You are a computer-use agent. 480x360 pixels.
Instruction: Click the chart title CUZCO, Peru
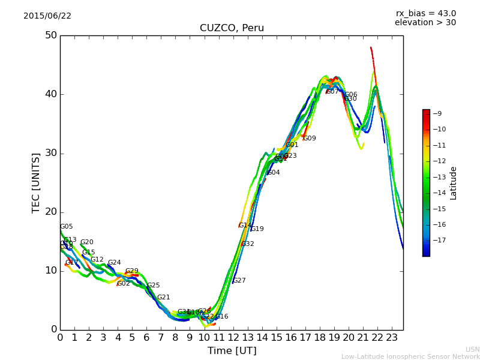pyautogui.click(x=232, y=28)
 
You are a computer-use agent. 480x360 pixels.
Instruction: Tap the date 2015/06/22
pyautogui.click(x=47, y=16)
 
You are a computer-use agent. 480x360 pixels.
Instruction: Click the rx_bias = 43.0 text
pyautogui.click(x=425, y=14)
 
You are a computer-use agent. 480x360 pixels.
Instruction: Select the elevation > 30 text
pyautogui.click(x=425, y=23)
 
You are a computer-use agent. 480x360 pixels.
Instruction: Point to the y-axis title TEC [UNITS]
pyautogui.click(x=36, y=182)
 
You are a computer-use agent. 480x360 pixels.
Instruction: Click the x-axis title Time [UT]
pyautogui.click(x=232, y=351)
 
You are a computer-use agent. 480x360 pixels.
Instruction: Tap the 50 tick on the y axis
pyautogui.click(x=50, y=35)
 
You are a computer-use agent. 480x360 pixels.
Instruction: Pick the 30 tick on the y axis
pyautogui.click(x=50, y=153)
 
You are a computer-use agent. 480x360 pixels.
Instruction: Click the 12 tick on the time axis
pyautogui.click(x=233, y=338)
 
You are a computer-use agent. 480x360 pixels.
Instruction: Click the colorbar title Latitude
pyautogui.click(x=454, y=183)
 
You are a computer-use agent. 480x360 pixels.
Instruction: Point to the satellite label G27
pyautogui.click(x=239, y=281)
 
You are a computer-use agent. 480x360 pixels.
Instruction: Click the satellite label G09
pyautogui.click(x=310, y=139)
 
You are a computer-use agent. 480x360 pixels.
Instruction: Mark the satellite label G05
pyautogui.click(x=67, y=227)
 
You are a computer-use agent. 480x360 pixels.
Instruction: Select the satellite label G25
pyautogui.click(x=154, y=286)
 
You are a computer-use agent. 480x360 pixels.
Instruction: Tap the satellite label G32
pyautogui.click(x=248, y=244)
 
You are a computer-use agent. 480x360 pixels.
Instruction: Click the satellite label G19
pyautogui.click(x=257, y=229)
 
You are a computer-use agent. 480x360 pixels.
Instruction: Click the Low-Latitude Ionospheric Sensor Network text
pyautogui.click(x=410, y=357)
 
